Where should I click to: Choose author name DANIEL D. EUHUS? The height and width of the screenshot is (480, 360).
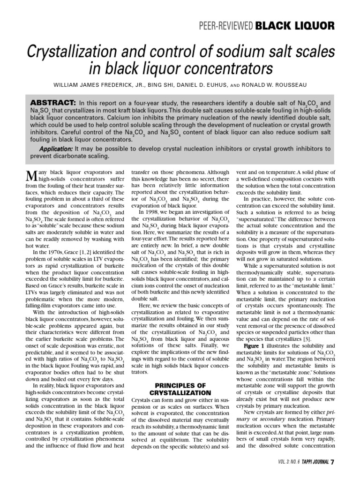[211, 86]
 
